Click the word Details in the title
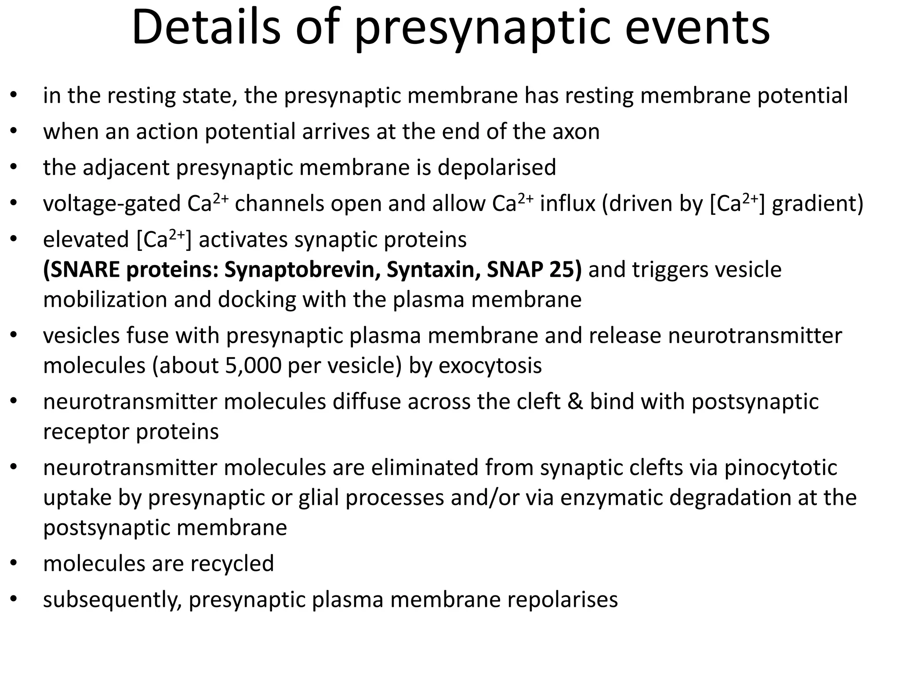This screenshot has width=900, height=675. [206, 27]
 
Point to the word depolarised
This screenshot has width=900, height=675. [497, 167]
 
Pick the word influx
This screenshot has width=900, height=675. [567, 203]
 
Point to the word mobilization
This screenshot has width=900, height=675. [105, 300]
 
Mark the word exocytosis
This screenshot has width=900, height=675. [490, 366]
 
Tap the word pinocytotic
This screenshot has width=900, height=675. [780, 468]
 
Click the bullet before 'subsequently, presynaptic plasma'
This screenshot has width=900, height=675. [14, 599]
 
